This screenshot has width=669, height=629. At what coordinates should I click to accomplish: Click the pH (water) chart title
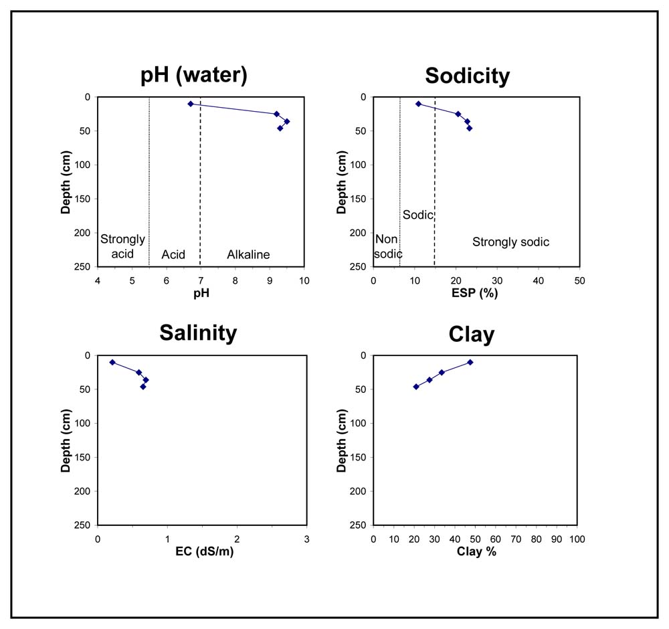click(x=194, y=75)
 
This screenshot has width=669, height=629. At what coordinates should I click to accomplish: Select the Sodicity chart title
click(x=467, y=76)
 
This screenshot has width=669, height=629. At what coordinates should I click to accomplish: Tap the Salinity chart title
click(x=198, y=333)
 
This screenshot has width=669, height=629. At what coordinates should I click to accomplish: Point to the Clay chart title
click(x=472, y=334)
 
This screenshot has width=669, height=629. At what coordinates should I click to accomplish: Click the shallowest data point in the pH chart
click(x=191, y=104)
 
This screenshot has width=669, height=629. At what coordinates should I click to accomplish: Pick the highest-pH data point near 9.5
click(x=287, y=121)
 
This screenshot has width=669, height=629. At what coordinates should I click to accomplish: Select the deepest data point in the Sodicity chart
click(x=470, y=128)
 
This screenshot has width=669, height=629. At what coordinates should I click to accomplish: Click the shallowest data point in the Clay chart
click(x=470, y=362)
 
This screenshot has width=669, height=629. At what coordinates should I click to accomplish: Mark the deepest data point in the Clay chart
click(x=416, y=387)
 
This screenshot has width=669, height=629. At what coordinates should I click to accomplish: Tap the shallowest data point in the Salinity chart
click(x=112, y=362)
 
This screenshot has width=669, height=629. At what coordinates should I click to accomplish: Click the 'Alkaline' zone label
click(x=248, y=255)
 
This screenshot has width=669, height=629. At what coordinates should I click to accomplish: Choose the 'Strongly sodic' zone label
click(x=510, y=242)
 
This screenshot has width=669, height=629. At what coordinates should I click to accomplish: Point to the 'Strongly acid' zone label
click(x=122, y=246)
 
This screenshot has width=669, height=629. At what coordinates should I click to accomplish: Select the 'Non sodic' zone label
click(x=388, y=246)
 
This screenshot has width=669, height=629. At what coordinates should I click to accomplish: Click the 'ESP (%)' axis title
click(x=474, y=293)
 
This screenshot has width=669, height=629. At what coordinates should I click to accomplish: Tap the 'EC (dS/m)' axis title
click(x=204, y=551)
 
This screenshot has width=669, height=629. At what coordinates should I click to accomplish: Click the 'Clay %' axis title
click(x=476, y=551)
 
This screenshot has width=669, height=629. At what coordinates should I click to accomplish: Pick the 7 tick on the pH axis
click(x=201, y=281)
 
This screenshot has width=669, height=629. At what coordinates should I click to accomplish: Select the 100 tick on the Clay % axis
click(x=577, y=539)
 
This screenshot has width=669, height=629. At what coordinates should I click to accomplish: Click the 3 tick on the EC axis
click(x=307, y=539)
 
